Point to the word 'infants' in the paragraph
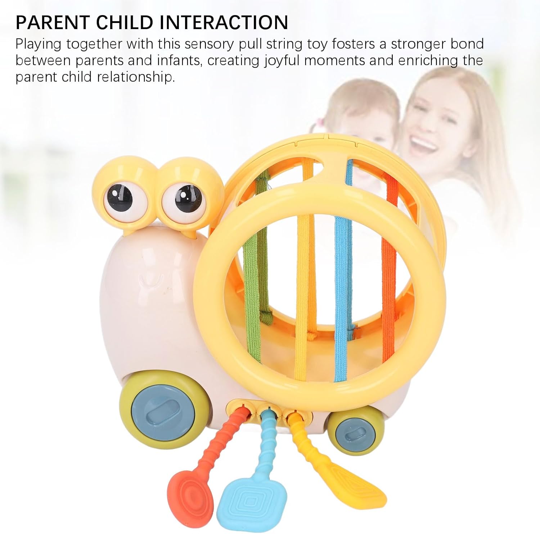tap(178, 60)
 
